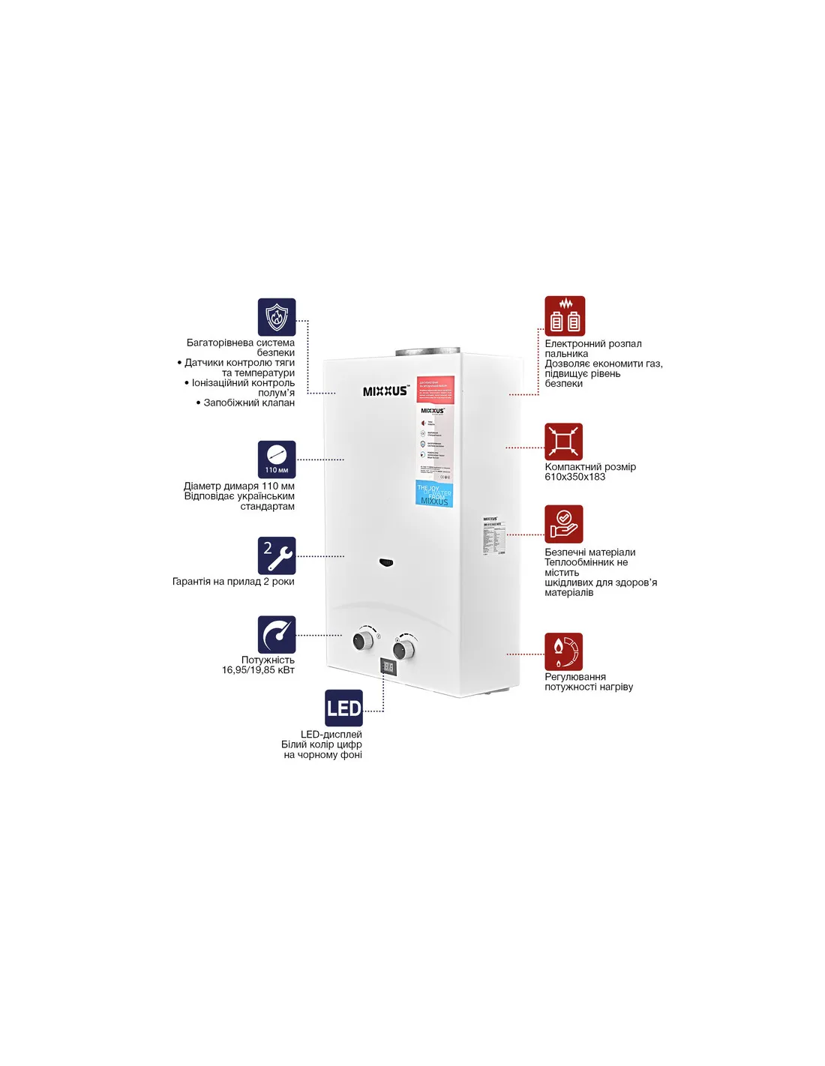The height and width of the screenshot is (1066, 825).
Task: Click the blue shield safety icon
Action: point(277,317)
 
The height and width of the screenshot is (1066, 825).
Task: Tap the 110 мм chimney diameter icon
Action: point(277,460)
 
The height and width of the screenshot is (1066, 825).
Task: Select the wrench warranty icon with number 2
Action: point(277,555)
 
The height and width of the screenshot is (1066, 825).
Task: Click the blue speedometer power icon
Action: point(277,635)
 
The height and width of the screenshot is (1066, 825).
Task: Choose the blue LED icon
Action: point(343,708)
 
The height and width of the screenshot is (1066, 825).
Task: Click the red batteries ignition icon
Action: point(565,316)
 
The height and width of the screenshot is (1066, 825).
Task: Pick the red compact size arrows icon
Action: point(563,442)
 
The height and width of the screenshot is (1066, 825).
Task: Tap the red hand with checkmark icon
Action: point(563,524)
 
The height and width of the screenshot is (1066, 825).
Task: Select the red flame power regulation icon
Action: point(563,651)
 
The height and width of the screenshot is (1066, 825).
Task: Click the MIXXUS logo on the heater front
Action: point(385,391)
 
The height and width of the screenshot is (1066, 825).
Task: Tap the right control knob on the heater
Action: point(404,649)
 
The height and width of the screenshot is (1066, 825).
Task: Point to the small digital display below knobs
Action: point(388,666)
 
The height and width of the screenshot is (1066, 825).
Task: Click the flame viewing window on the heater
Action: point(385,562)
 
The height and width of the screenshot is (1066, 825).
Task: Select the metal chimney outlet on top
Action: point(427,352)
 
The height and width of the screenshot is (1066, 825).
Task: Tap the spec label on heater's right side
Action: point(491,535)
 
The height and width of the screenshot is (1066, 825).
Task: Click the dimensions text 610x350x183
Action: point(574,477)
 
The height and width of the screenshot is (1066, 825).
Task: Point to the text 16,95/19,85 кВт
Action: point(258,670)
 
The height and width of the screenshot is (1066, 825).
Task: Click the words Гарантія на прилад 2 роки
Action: point(233,582)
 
